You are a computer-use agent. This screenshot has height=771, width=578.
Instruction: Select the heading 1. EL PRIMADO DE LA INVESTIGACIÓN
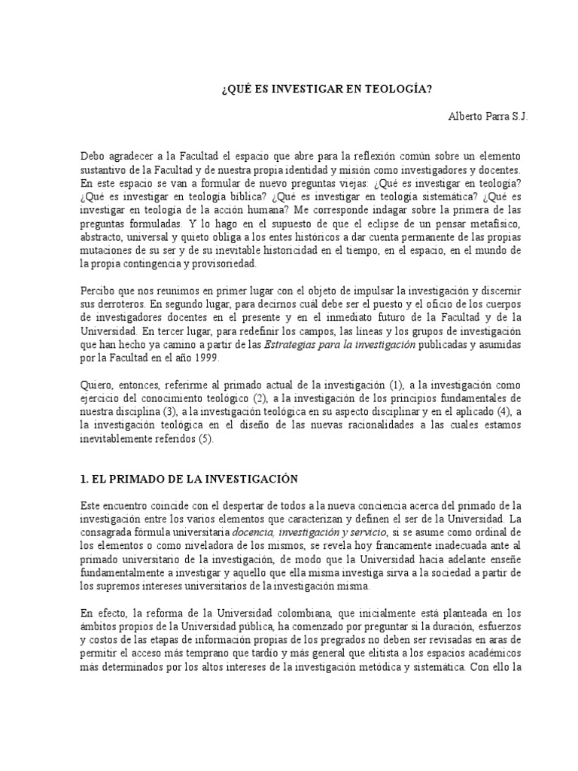tap(189, 478)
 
